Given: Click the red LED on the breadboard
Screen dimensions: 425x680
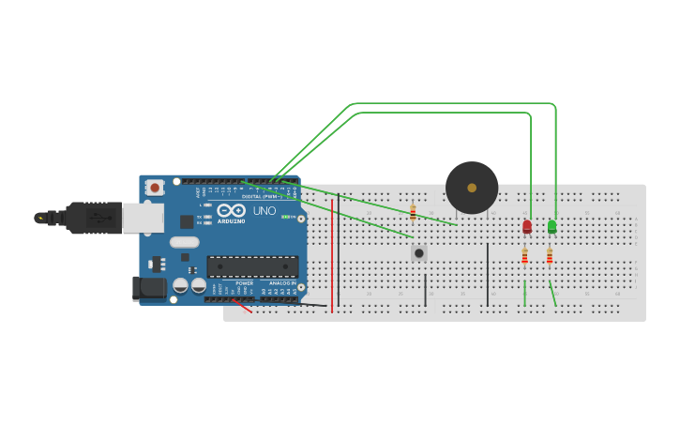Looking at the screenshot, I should click(x=527, y=226).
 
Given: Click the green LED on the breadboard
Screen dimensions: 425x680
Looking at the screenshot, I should click(x=552, y=226).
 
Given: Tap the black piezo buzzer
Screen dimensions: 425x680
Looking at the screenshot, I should click(x=472, y=188).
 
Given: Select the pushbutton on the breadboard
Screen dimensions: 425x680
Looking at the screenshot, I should click(x=418, y=252).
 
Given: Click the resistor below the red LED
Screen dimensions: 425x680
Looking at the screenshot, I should click(x=525, y=256).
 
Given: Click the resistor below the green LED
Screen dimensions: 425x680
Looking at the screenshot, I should click(x=550, y=256).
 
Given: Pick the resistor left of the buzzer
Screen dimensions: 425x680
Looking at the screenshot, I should click(x=413, y=213).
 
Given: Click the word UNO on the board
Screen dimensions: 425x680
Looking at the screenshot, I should click(x=264, y=211).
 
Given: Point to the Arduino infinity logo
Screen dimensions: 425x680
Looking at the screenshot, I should click(x=232, y=210).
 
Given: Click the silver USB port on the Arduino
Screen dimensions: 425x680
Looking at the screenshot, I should click(x=143, y=218).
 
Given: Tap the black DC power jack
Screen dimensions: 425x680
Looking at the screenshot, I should click(x=148, y=288).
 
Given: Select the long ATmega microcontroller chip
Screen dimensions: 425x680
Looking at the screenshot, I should click(x=252, y=266).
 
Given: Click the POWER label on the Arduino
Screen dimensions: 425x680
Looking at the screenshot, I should click(x=244, y=282).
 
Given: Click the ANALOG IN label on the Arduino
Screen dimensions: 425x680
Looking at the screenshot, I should click(x=282, y=282).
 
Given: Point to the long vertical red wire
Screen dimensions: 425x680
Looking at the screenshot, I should click(x=332, y=253).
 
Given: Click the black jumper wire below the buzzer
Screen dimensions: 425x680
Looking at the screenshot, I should click(x=488, y=274).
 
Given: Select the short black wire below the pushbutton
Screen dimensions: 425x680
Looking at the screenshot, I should click(x=425, y=290).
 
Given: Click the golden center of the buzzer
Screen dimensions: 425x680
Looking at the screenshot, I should click(x=472, y=188).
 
